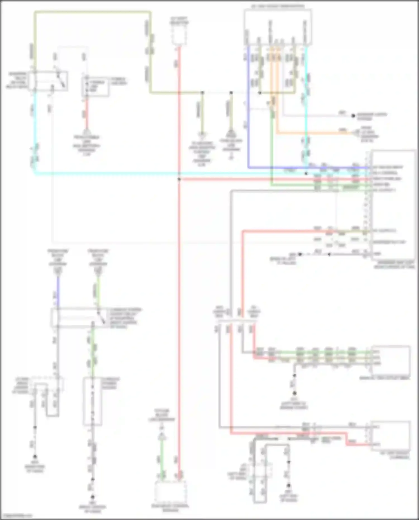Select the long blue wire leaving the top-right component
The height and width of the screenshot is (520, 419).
[248, 112]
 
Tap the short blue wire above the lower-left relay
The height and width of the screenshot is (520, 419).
[58, 291]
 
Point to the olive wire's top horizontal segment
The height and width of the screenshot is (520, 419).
[92, 12]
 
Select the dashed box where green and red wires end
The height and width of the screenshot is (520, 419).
[170, 492]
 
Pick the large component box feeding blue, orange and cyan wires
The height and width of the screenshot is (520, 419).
[278, 27]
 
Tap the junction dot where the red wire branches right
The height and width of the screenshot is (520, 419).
[179, 179]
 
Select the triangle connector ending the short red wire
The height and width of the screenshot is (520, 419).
[87, 132]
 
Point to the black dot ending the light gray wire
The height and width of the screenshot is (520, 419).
[353, 116]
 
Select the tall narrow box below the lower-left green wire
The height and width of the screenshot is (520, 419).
[92, 401]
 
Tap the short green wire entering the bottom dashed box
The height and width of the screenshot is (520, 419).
[162, 458]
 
